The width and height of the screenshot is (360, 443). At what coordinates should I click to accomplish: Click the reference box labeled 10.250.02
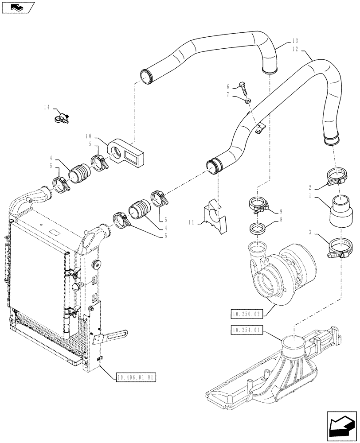coord(247,314)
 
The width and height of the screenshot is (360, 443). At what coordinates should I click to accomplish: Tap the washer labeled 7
coord(248,101)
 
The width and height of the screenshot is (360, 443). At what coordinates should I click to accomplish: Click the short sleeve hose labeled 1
coord(340,211)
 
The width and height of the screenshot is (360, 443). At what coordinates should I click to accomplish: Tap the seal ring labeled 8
coord(258,229)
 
